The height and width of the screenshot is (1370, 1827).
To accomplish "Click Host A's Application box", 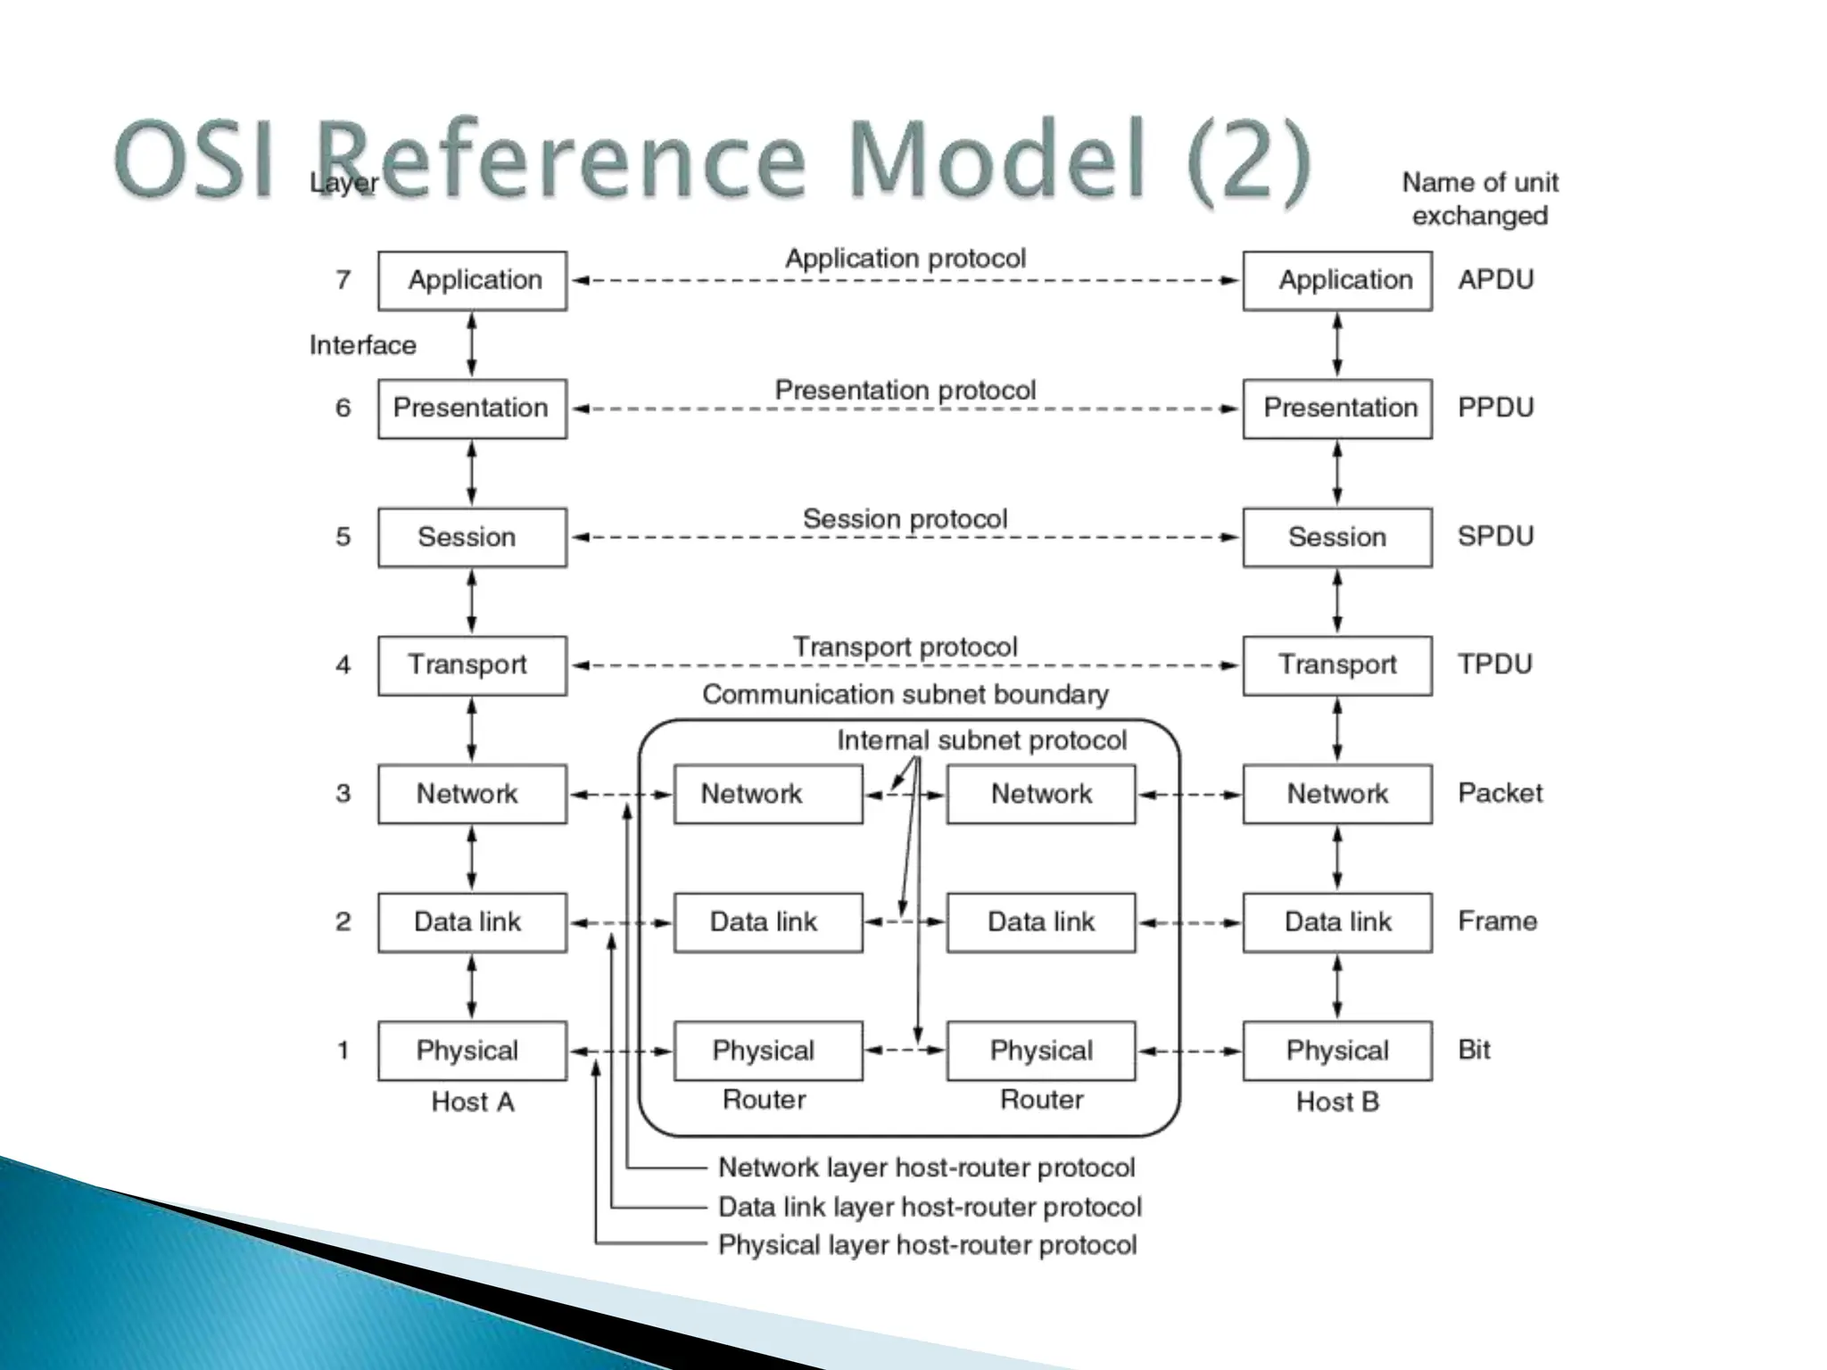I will click(472, 281).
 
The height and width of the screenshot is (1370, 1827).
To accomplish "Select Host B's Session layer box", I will click(1336, 537).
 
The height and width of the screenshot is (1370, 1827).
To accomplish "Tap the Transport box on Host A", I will click(472, 665).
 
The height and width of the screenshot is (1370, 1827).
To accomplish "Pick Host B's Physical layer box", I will click(1336, 1051).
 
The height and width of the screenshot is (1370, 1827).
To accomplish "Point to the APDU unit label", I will click(1495, 280).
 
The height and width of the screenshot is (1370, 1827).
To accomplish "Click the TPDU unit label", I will click(1494, 664).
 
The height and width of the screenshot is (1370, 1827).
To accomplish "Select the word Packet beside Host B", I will click(1500, 793).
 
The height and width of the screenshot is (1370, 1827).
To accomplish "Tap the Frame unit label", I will click(1497, 921).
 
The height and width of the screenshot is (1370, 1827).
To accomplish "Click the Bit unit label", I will click(1474, 1050).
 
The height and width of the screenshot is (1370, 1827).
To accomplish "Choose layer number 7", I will click(343, 280).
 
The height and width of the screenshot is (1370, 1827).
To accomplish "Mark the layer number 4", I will click(343, 665).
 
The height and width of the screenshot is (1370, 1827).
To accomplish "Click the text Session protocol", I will click(905, 519).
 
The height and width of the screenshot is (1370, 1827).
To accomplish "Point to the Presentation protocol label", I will click(905, 391).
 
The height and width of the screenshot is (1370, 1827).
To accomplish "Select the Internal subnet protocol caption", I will click(981, 740).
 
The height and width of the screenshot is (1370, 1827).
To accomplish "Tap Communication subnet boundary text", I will click(905, 694).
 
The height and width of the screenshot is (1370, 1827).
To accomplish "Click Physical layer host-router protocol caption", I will click(927, 1245).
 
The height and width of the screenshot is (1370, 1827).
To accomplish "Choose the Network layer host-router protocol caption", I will click(926, 1168).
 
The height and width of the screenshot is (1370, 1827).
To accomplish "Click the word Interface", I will click(362, 345).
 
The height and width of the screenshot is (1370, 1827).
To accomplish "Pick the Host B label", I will click(1336, 1102).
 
